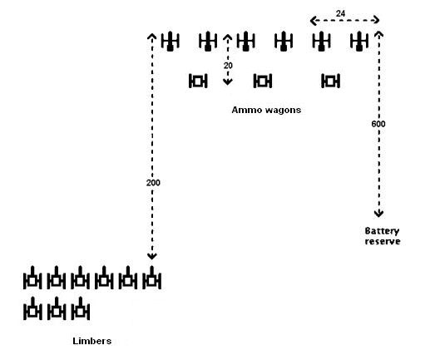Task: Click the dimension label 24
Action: (x=340, y=13)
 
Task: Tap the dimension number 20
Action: (x=228, y=66)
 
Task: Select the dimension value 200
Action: (x=153, y=183)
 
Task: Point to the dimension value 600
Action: (x=378, y=124)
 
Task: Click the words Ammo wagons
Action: (x=266, y=110)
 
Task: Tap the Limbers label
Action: (x=91, y=341)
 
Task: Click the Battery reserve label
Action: (x=383, y=236)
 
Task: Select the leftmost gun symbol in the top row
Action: (x=171, y=41)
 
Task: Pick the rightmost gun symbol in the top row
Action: (x=359, y=41)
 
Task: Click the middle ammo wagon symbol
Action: (x=263, y=81)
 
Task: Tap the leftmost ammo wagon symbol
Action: (x=198, y=81)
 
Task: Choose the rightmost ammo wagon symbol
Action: (x=330, y=81)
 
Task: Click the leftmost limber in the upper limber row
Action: (x=32, y=278)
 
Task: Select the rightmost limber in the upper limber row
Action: (x=151, y=278)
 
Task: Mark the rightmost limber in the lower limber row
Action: (x=81, y=308)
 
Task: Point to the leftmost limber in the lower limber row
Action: (x=32, y=308)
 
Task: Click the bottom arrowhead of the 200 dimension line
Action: (x=152, y=256)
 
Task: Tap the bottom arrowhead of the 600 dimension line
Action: (x=378, y=214)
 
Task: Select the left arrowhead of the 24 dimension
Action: (x=314, y=20)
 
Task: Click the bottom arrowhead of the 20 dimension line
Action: (x=228, y=82)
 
